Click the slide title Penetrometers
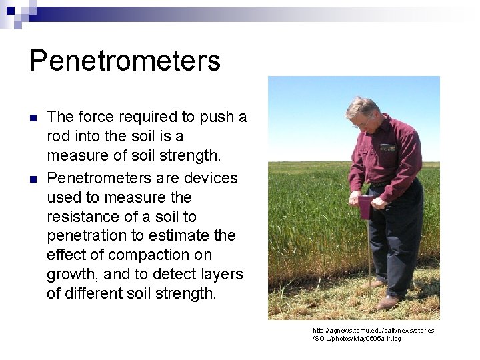click(125, 61)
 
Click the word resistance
click(87, 217)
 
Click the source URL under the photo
click(373, 334)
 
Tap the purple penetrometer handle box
click(365, 207)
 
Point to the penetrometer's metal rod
click(368, 253)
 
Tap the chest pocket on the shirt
click(388, 147)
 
